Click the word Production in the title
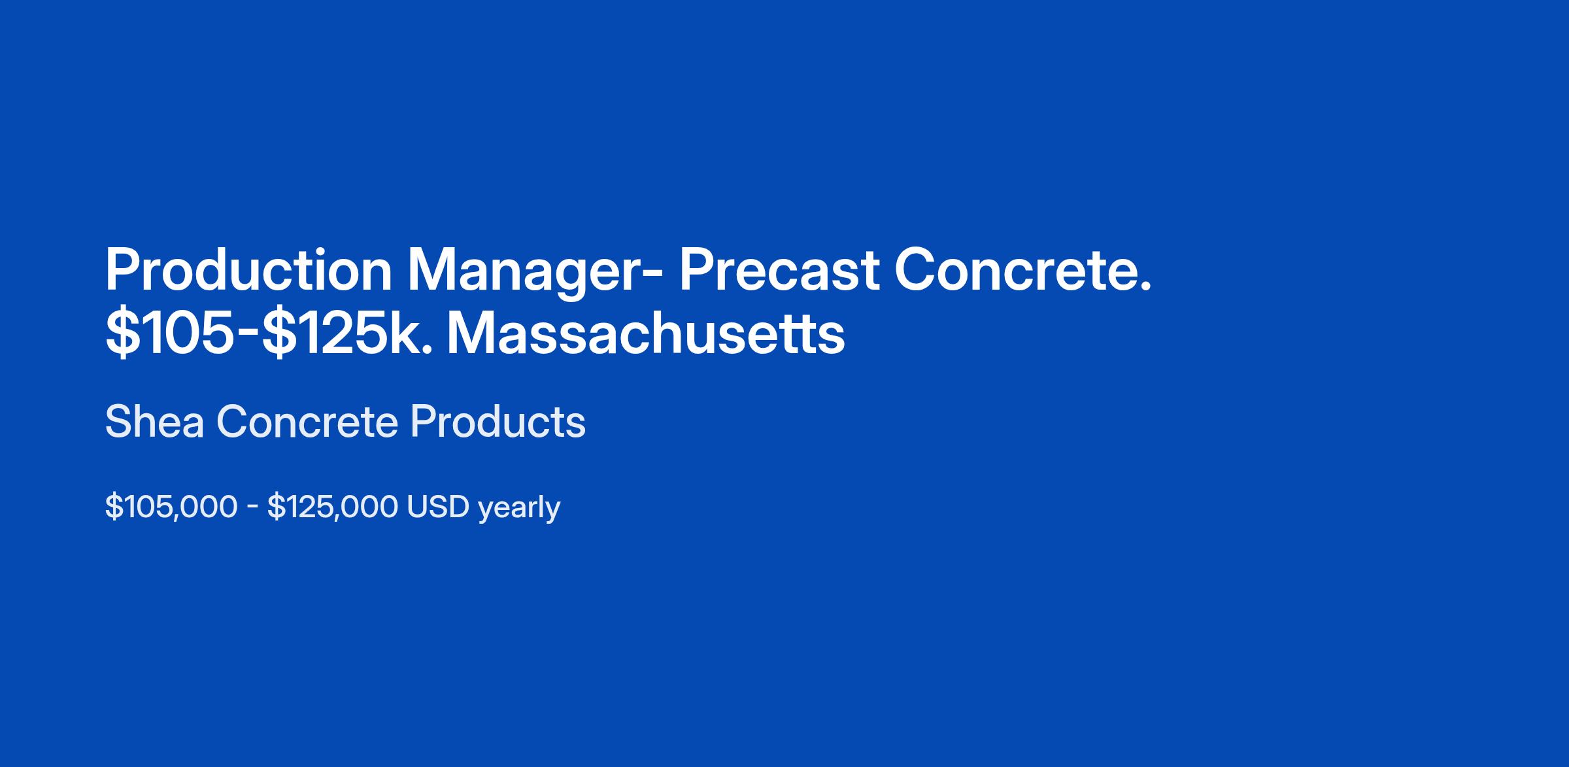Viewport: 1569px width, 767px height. (x=248, y=270)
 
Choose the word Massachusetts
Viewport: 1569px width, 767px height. (x=646, y=334)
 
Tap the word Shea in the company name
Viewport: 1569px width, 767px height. (x=154, y=421)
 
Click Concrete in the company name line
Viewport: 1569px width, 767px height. (x=307, y=421)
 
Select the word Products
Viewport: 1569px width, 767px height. (x=498, y=421)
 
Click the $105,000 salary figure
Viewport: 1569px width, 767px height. (x=171, y=507)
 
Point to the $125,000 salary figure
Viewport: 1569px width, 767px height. (x=333, y=507)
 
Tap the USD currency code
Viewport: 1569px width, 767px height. (x=438, y=507)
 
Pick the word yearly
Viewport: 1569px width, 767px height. (x=519, y=509)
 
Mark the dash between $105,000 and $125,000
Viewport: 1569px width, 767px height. (x=252, y=509)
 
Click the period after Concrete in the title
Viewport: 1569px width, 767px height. (x=1145, y=286)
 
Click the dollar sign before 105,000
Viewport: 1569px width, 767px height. (x=114, y=507)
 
